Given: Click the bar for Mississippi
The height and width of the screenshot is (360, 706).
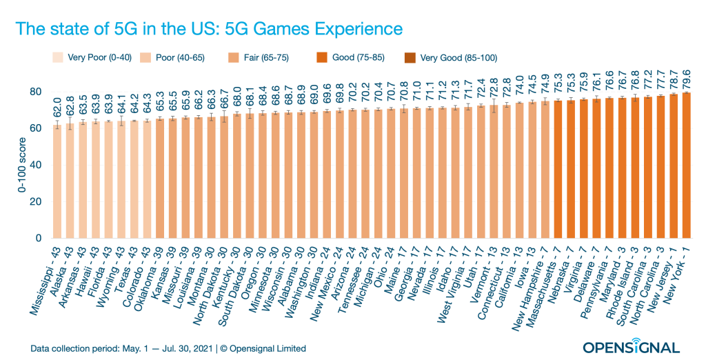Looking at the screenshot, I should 57,183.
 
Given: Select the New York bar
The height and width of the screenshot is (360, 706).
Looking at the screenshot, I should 687,166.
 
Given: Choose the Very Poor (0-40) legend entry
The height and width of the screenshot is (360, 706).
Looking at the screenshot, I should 92,58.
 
